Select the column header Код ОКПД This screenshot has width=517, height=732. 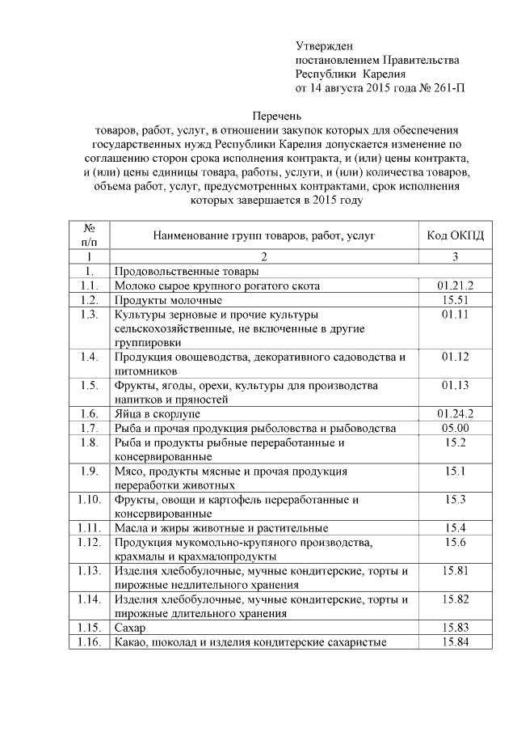(455, 235)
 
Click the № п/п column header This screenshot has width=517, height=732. (90, 235)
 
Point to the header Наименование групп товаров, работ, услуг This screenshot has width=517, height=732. (263, 235)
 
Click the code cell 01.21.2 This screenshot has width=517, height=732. (455, 286)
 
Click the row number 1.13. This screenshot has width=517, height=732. (90, 570)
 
